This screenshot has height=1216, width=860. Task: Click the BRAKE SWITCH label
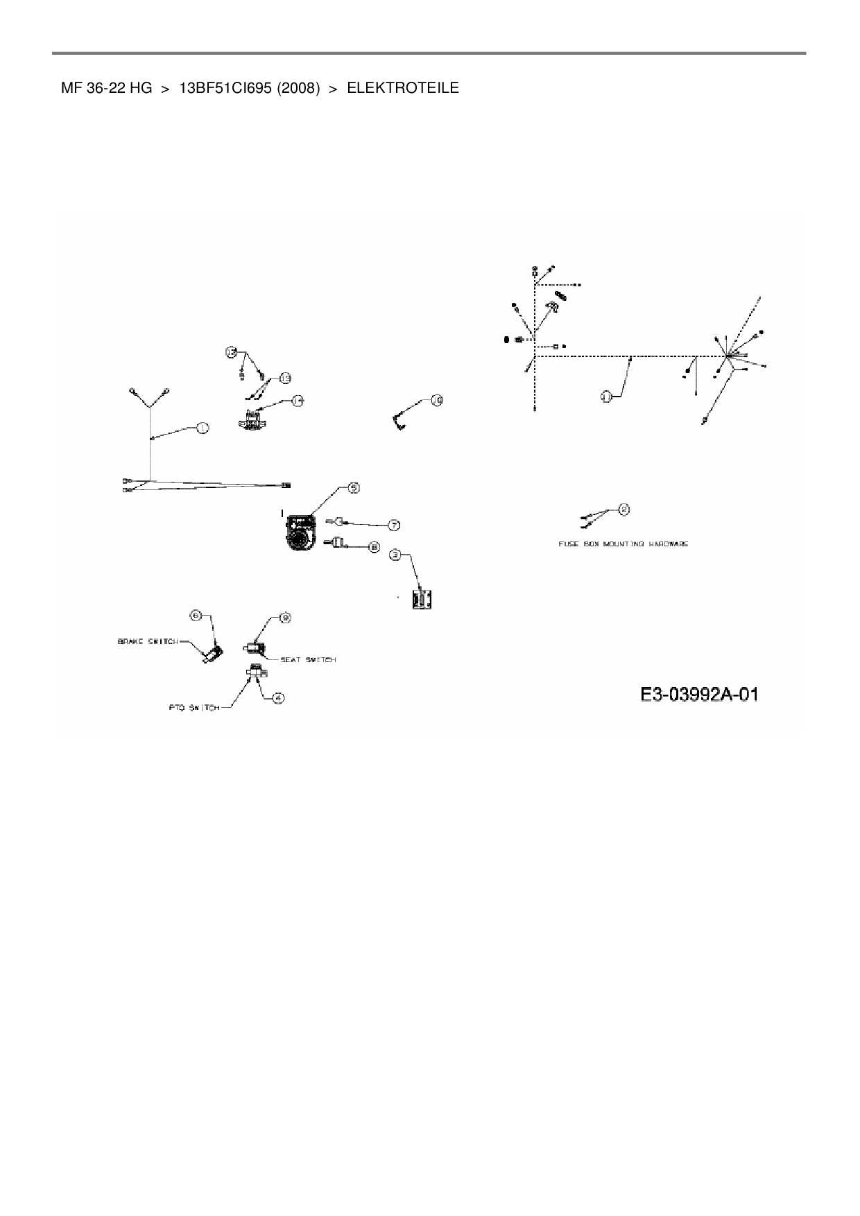point(148,641)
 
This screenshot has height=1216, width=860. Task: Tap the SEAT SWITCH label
point(308,659)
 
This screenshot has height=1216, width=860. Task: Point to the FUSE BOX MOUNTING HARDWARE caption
point(623,544)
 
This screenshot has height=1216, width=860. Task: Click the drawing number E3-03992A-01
point(698,694)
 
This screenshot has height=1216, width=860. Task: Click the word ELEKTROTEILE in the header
point(402,88)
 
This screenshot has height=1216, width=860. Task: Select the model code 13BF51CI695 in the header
point(225,88)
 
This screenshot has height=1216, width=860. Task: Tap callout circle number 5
point(354,488)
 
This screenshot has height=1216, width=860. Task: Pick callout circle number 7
point(394,525)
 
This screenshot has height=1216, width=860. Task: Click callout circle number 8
point(374,547)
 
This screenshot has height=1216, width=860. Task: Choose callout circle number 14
point(298,400)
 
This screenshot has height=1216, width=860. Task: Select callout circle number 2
point(623,510)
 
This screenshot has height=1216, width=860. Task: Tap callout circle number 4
point(278,698)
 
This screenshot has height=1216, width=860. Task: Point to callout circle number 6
point(196,615)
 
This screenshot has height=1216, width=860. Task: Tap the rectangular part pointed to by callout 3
point(422,599)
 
